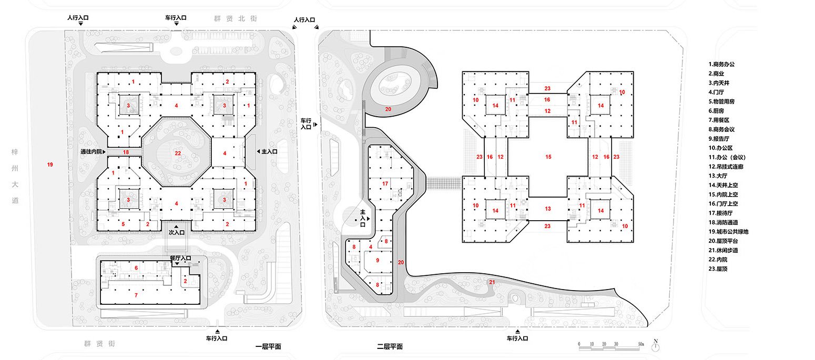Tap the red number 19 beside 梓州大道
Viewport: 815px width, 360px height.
click(x=50, y=165)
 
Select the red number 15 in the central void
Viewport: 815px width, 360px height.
click(x=548, y=157)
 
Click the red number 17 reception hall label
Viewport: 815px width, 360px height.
click(x=385, y=183)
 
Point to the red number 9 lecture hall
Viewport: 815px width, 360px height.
click(x=377, y=260)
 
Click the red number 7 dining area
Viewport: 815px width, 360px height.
click(x=136, y=295)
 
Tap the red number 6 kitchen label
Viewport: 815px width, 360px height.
click(x=136, y=268)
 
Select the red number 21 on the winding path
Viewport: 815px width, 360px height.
click(x=492, y=283)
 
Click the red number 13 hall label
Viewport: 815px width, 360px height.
click(x=548, y=209)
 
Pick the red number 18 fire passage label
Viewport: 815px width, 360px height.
click(x=125, y=152)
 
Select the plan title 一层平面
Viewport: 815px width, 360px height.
click(x=268, y=347)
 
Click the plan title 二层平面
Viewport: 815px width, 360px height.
click(x=390, y=347)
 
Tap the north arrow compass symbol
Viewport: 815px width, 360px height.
click(x=656, y=345)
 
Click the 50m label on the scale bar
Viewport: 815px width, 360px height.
click(x=641, y=344)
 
